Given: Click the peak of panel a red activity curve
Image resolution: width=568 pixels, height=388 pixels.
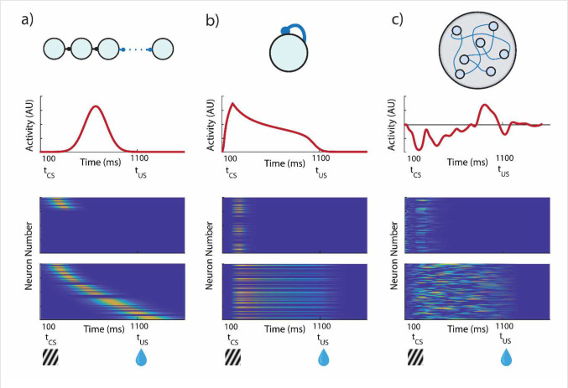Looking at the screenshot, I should [x=96, y=106].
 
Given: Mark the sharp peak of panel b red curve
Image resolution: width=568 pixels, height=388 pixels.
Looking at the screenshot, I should [x=232, y=103].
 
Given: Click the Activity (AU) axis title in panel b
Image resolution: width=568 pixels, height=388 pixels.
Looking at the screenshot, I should [x=212, y=124].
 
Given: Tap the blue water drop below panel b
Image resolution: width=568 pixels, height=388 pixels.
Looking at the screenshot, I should [x=321, y=358].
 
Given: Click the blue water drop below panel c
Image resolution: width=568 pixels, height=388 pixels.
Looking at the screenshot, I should [x=507, y=358].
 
